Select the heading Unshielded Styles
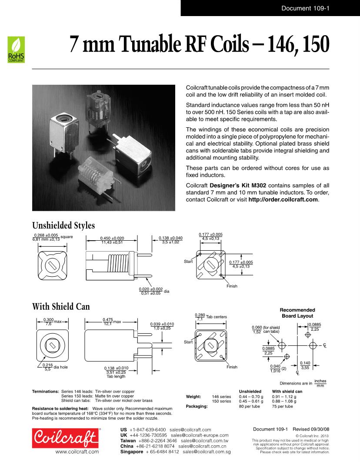tap(63, 225)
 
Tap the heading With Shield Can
tap(61, 307)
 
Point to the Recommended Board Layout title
tap(297, 313)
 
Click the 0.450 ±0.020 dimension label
tap(112, 238)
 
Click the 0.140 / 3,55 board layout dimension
tap(305, 365)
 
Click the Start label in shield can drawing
tap(188, 342)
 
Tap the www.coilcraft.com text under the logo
tap(77, 452)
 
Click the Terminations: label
tap(45, 391)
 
